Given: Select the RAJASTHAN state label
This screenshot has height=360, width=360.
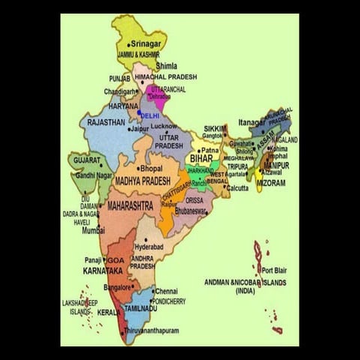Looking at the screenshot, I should tap(106, 121).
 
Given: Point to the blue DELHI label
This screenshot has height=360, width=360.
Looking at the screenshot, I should tap(150, 115).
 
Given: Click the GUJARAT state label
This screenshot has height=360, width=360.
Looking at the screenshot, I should tap(87, 160).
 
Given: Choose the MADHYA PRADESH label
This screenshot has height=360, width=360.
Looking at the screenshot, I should tap(143, 181).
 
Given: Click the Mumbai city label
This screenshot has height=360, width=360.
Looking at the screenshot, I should tap(94, 231).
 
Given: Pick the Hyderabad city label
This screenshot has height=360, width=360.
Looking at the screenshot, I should tap(148, 246).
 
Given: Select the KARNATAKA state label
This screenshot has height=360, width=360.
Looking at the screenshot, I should tap(103, 270).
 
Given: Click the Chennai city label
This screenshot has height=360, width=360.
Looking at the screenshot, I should tap(166, 291).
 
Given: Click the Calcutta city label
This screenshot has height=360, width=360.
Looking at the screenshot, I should tap(237, 188).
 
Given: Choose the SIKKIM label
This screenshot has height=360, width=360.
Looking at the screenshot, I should tap(215, 128).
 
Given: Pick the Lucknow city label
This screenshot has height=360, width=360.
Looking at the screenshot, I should tap(163, 126).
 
